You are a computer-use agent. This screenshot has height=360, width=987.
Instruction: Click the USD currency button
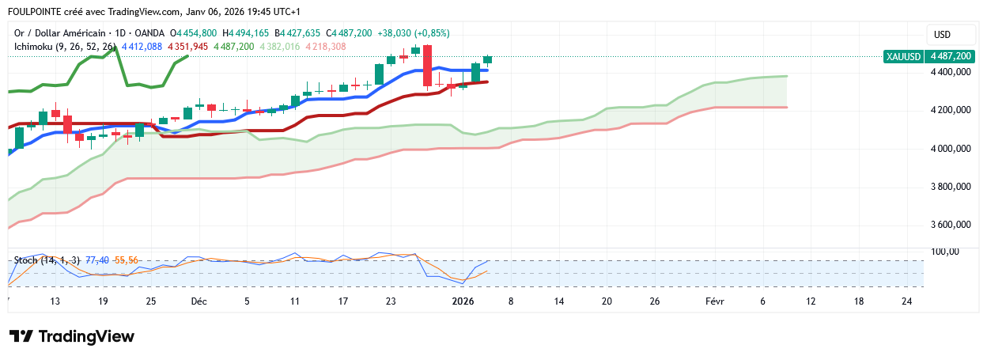(x=942, y=35)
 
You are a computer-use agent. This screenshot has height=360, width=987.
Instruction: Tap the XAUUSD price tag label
(x=904, y=56)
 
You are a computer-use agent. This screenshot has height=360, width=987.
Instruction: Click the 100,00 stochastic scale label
(x=945, y=252)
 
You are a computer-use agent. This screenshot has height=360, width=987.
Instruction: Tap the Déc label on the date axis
(x=199, y=301)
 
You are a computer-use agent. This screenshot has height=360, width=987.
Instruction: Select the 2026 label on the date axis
(x=463, y=301)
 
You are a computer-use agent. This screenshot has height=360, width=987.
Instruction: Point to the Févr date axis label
(x=713, y=301)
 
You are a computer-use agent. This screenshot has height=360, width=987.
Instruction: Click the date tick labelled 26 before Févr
(x=654, y=301)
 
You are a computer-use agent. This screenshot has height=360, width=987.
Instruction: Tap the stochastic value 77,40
(x=97, y=260)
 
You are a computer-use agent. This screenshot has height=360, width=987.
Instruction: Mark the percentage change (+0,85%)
(x=432, y=33)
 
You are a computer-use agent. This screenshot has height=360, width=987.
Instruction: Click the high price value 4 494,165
(x=249, y=33)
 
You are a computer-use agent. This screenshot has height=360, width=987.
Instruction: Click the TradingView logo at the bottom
(x=72, y=336)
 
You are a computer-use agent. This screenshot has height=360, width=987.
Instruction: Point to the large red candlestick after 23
(x=427, y=66)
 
